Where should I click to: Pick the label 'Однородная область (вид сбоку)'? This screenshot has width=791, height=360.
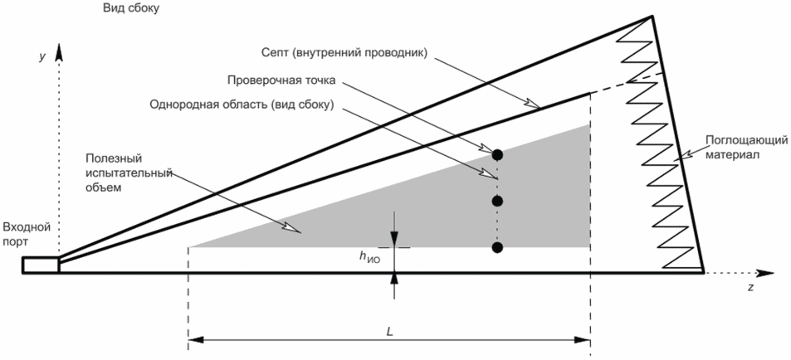[x=242, y=105]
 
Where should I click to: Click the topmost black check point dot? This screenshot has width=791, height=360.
[x=497, y=154]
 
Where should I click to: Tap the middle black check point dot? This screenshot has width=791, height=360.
[x=497, y=201]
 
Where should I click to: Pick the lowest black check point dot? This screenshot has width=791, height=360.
[x=497, y=247]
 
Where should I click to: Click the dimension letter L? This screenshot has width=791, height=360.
[x=389, y=330]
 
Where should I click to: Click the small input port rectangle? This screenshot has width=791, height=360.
[x=41, y=265]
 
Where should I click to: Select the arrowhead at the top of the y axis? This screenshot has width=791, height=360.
[x=59, y=52]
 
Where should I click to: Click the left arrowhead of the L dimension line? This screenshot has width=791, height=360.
[x=196, y=340]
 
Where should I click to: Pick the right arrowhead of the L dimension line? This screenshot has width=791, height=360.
[x=583, y=340]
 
